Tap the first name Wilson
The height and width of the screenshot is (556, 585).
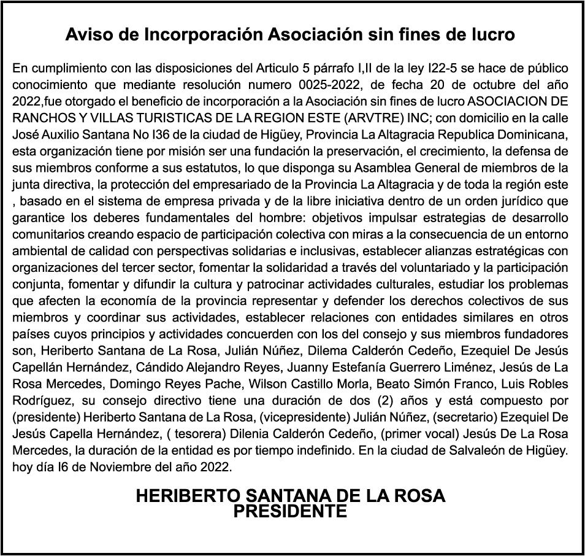[x=266, y=384]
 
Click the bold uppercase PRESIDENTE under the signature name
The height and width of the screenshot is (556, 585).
[x=291, y=511]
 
